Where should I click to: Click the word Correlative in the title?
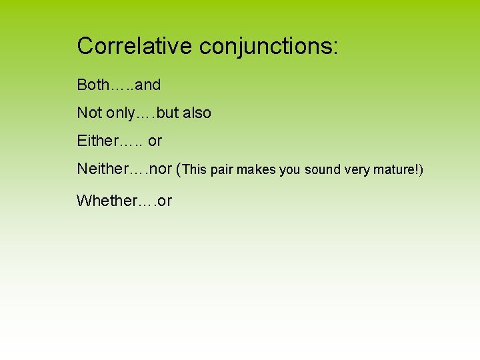[135, 46]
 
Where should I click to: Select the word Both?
[93, 85]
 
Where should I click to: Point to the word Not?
[89, 113]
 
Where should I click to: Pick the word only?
[119, 113]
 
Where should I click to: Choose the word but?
[168, 113]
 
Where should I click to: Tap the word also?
[197, 113]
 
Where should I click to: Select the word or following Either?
[155, 141]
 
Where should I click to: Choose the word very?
[357, 170]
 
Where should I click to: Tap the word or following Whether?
[165, 200]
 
